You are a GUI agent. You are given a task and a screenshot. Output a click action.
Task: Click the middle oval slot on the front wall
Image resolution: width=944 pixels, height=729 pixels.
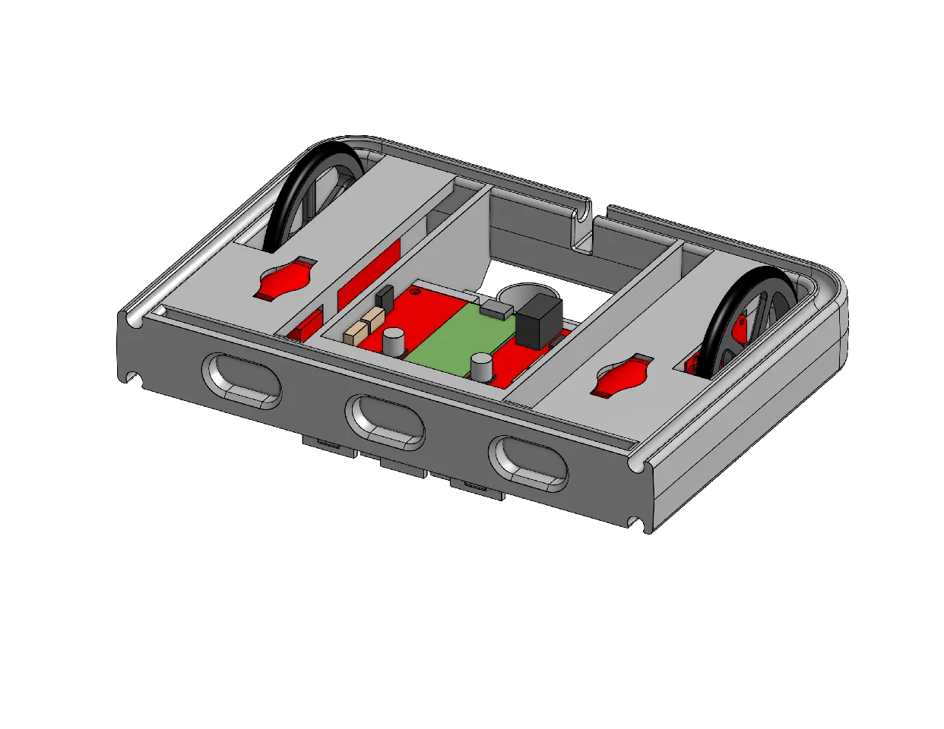point(385,419)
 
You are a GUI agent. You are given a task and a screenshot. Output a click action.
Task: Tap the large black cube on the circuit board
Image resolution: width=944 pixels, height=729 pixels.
point(539,320)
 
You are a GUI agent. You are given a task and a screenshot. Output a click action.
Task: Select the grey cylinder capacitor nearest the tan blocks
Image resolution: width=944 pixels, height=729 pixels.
point(393,342)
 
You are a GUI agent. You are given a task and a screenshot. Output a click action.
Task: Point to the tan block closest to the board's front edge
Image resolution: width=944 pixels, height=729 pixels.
point(355,333)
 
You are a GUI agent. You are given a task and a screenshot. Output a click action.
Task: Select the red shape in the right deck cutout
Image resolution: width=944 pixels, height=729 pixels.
point(621,379)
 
